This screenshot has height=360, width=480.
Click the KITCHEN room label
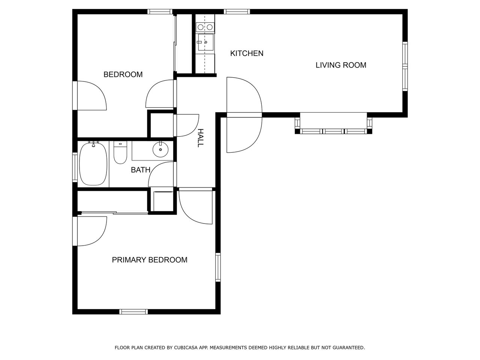coord(247,53)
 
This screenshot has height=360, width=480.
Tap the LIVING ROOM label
coord(341,65)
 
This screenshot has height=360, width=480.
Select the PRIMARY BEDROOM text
coord(150,259)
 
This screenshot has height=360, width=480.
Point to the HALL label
coord(201,138)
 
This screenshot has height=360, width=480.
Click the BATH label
coord(140,170)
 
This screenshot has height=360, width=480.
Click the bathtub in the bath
coord(93,164)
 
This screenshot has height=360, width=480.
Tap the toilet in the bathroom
coord(120,153)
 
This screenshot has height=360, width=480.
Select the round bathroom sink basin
coord(161,149)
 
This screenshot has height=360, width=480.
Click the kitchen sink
coord(205,42)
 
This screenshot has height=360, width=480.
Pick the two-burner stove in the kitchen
coord(205,27)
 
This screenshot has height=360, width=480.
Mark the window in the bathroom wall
coord(75,167)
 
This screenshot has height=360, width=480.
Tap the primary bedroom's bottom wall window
coord(133,312)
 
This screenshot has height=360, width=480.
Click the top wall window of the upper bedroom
coord(160,12)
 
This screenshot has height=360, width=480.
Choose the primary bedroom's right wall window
coord(218,267)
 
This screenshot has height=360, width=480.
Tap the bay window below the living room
coord(333,123)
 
